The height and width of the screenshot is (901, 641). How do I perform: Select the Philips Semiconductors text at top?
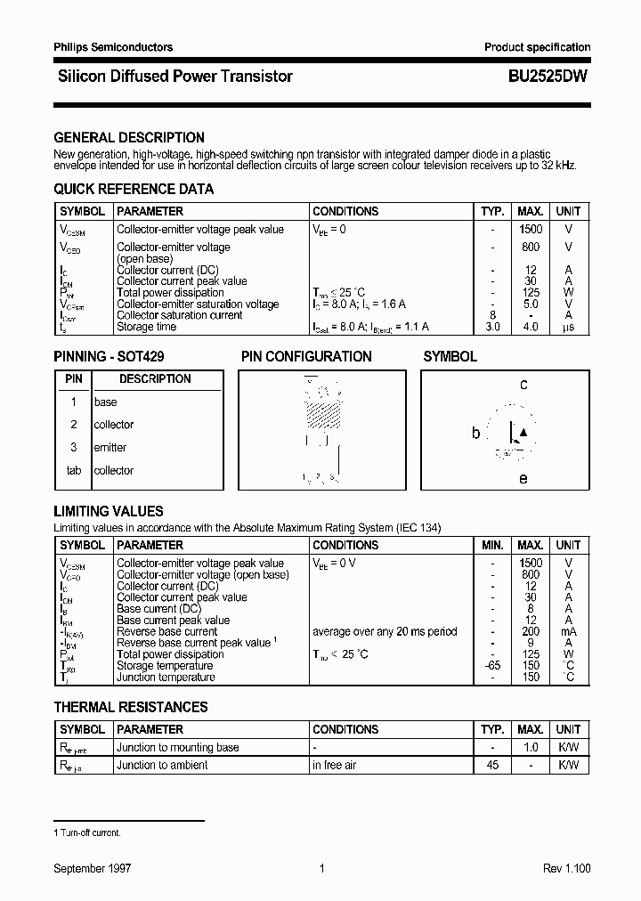(113, 47)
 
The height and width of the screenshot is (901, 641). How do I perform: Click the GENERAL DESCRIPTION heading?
(129, 138)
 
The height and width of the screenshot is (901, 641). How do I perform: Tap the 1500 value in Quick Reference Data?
(531, 230)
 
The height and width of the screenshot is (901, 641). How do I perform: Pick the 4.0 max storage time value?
(531, 327)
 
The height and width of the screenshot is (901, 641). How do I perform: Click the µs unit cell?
(568, 327)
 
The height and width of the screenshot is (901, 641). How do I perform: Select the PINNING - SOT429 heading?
(110, 356)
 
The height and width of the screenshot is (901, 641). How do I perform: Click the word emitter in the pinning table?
(110, 448)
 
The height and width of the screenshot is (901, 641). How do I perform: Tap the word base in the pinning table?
(105, 402)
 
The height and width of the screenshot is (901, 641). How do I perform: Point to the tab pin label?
(74, 471)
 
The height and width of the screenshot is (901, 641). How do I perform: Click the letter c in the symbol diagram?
(523, 385)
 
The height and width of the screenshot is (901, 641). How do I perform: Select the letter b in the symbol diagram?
(475, 434)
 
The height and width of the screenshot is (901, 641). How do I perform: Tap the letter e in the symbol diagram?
(523, 479)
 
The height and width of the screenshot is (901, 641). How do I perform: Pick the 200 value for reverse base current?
(531, 631)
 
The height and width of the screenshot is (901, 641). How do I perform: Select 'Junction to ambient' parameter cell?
(162, 766)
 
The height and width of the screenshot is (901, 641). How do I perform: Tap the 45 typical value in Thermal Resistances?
(492, 766)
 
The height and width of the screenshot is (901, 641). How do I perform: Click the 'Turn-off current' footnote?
(89, 832)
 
